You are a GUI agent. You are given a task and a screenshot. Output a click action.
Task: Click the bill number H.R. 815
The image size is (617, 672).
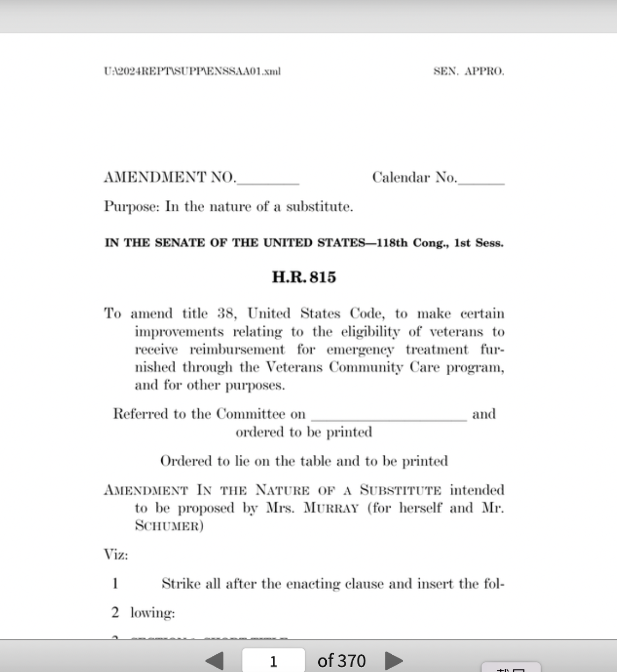pyautogui.click(x=304, y=277)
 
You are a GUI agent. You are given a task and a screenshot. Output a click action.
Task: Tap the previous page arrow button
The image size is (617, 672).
pyautogui.click(x=215, y=660)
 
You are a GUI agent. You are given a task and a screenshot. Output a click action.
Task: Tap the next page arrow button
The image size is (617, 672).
pyautogui.click(x=394, y=660)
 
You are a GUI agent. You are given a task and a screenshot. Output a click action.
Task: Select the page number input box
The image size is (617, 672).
pyautogui.click(x=273, y=661)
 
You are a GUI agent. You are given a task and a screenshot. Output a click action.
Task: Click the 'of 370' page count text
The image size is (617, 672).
pyautogui.click(x=341, y=661)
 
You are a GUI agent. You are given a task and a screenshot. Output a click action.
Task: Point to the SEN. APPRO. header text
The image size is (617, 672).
pyautogui.click(x=469, y=71)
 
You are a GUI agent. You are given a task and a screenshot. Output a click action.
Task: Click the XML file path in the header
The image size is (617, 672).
pyautogui.click(x=192, y=71)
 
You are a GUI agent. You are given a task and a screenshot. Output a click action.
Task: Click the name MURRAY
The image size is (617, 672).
pyautogui.click(x=331, y=508)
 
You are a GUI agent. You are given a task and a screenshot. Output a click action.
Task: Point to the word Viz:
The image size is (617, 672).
pyautogui.click(x=116, y=555)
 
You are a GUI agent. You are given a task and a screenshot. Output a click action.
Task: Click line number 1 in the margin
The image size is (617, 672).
pyautogui.click(x=115, y=583)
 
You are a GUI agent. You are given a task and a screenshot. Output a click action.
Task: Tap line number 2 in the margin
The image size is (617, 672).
pyautogui.click(x=115, y=612)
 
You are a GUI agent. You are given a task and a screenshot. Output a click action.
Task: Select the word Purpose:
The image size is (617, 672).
pyautogui.click(x=132, y=206)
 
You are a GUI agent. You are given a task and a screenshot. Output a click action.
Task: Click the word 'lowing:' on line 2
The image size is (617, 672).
pyautogui.click(x=153, y=613)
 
